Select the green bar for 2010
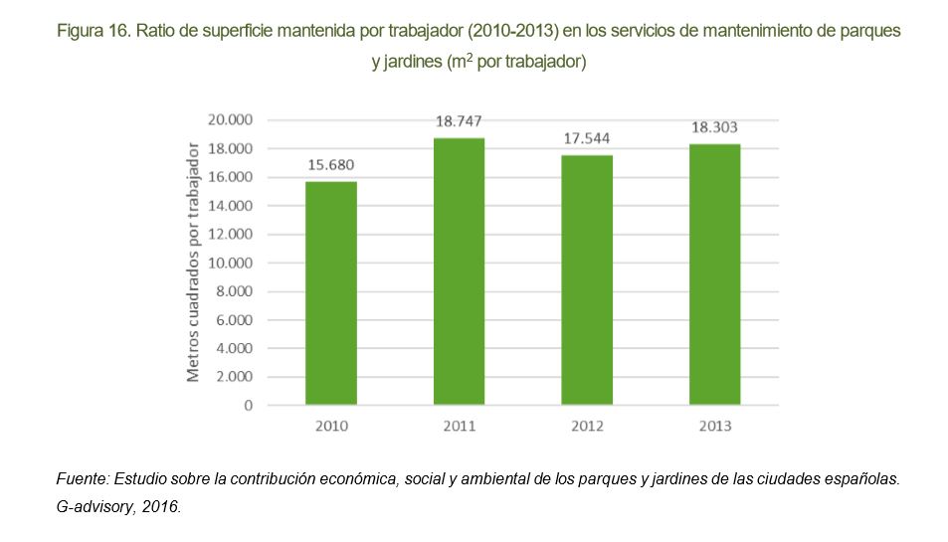331,293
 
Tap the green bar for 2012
587,280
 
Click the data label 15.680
331,165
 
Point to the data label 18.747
459,121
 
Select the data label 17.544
587,138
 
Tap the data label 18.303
714,127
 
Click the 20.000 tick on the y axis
231,120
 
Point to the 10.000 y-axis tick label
231,264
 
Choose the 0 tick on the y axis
248,406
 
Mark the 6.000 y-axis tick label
235,320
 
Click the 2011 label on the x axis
459,427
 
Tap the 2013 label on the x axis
714,427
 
